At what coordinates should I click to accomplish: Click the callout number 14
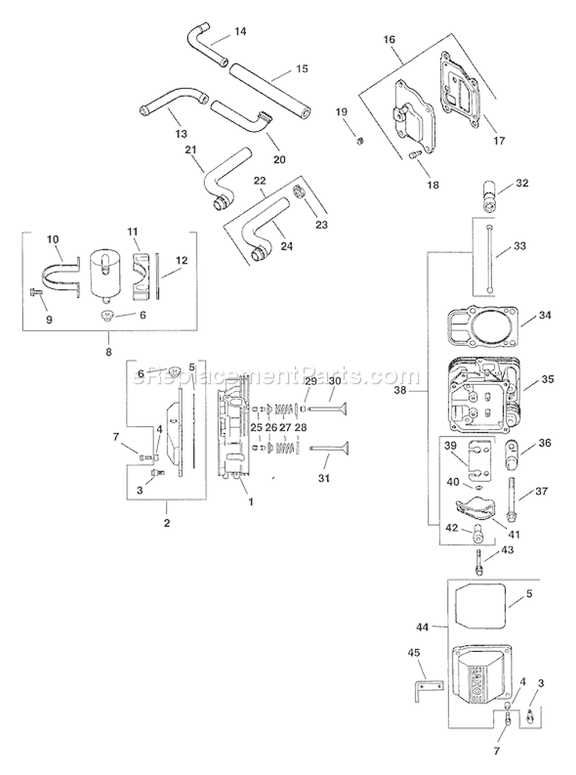240,32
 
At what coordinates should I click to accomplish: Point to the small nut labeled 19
357,140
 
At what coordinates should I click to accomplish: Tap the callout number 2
167,523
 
